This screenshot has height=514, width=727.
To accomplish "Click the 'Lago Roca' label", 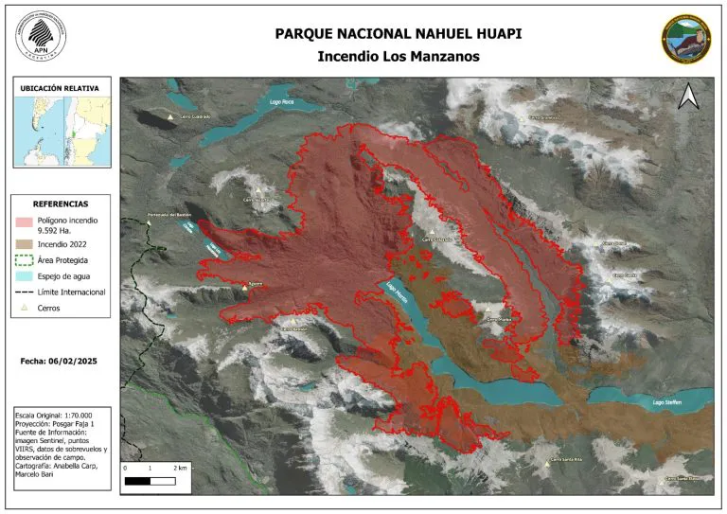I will [x=281, y=101].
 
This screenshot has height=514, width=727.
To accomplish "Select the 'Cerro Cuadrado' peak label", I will [x=193, y=116].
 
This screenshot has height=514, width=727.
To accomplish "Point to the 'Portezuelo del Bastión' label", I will [x=171, y=216].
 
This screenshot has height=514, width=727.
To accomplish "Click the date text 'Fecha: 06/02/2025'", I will [x=60, y=362].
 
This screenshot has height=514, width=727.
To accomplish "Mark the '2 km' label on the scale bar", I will [x=181, y=469].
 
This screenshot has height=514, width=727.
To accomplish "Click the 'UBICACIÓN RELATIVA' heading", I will [x=60, y=88].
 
